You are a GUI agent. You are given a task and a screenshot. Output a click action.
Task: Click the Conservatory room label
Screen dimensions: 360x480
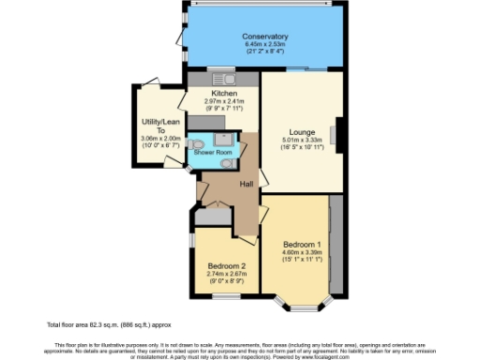265,37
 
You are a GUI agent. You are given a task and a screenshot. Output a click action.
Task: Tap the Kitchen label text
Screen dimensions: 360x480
223,95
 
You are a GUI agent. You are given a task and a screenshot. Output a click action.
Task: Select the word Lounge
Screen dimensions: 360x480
302,132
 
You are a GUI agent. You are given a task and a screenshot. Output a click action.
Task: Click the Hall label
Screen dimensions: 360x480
246,184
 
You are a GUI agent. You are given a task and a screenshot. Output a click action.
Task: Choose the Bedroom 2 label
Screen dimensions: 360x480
226,265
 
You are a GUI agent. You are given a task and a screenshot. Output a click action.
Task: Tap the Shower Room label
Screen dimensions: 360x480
213,152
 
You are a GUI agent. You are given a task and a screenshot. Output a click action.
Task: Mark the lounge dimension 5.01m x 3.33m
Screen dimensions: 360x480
302,141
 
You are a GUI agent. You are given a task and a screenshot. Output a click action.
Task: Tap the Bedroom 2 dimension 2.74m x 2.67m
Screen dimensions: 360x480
226,274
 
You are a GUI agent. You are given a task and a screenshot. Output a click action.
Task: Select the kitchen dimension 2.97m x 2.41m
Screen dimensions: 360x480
223,102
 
